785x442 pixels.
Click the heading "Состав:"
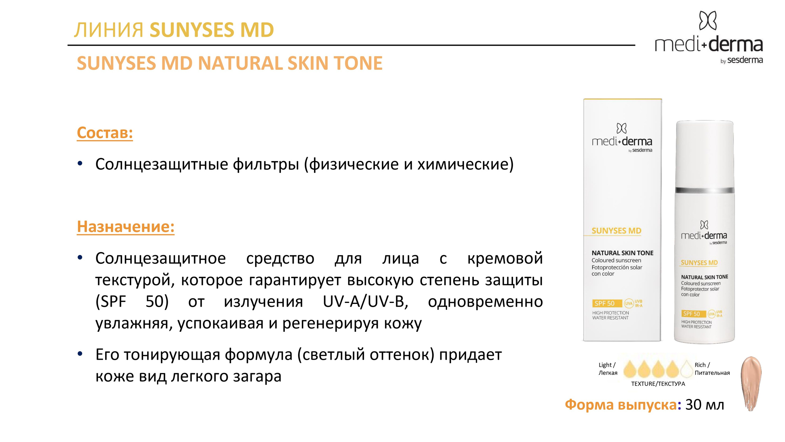[105, 133]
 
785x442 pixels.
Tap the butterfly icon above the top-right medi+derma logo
[708, 21]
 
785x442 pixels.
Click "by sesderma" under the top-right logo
[741, 60]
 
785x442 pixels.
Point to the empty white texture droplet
[687, 369]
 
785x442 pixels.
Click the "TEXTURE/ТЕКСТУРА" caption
[658, 384]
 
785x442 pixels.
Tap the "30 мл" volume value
[705, 405]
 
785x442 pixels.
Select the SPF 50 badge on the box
[604, 303]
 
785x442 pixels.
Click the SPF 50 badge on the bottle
[691, 314]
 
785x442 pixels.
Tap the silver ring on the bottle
[705, 189]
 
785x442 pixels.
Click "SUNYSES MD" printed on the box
[616, 231]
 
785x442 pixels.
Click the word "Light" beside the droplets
[605, 365]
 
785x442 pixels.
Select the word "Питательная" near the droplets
[712, 373]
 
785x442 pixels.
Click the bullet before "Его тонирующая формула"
[80, 354]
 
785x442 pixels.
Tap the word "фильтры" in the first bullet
[266, 164]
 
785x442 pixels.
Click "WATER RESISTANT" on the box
[610, 318]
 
